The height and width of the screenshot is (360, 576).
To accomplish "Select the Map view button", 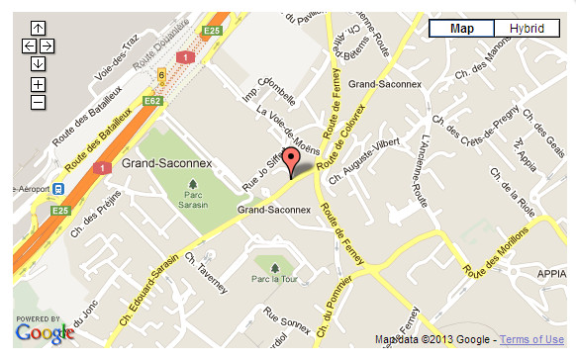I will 461,29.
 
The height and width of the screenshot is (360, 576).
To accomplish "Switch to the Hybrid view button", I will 527,29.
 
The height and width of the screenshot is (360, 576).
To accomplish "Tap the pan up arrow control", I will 38,29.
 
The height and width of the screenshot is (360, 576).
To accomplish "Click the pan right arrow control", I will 47,45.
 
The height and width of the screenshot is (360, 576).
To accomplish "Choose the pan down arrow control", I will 38,63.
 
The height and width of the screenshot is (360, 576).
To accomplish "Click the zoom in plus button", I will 38,84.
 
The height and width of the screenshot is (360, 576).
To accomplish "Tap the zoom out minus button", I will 38,101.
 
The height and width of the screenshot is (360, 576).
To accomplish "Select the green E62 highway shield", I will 152,101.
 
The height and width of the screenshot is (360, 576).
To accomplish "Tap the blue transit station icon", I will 59,188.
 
